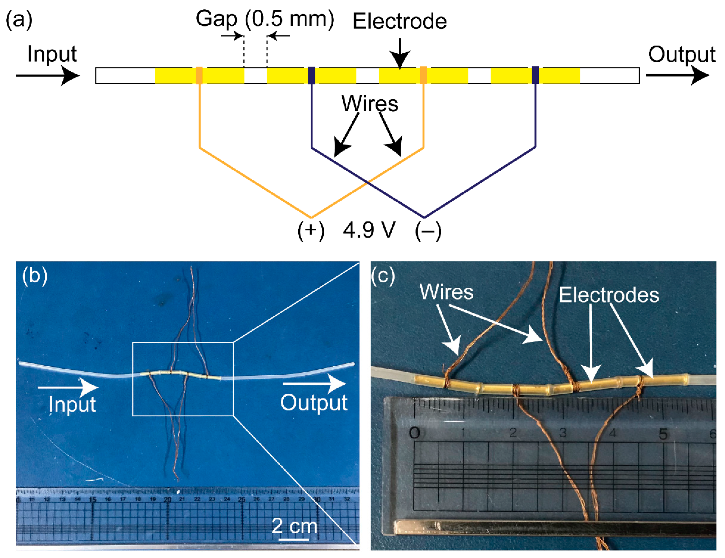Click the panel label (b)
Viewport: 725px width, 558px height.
pyautogui.click(x=35, y=275)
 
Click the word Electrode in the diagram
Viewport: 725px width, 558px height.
pyautogui.click(x=400, y=22)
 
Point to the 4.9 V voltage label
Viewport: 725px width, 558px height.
pyautogui.click(x=369, y=230)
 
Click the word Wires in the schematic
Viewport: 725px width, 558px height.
pyautogui.click(x=369, y=104)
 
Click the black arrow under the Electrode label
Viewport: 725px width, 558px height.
pyautogui.click(x=400, y=53)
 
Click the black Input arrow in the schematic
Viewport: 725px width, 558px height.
pyautogui.click(x=48, y=76)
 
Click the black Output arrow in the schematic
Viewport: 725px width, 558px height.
pyautogui.click(x=677, y=76)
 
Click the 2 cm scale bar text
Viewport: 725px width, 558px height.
pyautogui.click(x=294, y=526)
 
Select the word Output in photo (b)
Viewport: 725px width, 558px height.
pyautogui.click(x=314, y=403)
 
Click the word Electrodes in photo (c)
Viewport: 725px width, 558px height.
pyautogui.click(x=609, y=295)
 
